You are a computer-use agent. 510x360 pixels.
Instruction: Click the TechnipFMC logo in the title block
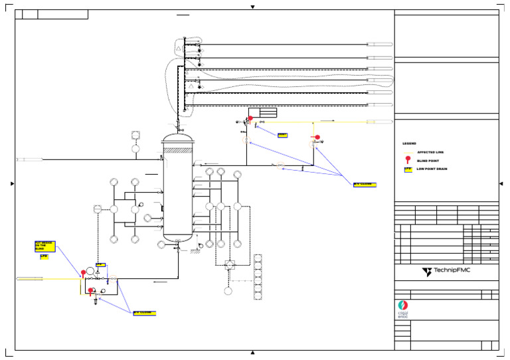click(x=446, y=272)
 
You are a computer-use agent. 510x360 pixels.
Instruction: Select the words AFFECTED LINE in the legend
click(x=430, y=152)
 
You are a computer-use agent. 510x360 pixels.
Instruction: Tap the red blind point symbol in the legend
click(x=408, y=160)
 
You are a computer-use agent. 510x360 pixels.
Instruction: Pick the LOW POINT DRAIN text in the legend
click(x=434, y=169)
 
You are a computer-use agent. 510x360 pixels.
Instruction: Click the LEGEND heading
click(x=409, y=143)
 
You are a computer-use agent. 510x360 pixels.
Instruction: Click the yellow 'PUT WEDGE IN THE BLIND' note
click(x=44, y=246)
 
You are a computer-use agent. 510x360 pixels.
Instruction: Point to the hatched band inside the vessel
click(x=178, y=151)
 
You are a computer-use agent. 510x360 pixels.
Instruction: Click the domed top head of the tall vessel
click(x=178, y=137)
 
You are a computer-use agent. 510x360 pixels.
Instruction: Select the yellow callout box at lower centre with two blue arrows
click(x=144, y=313)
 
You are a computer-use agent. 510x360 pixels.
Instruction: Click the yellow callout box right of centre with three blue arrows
click(x=365, y=185)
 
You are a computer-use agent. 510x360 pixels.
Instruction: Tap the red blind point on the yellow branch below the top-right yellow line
click(x=317, y=138)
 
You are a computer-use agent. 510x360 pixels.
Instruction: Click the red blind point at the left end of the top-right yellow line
click(x=250, y=119)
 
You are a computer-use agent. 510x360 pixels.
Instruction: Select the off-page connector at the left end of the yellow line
click(x=30, y=279)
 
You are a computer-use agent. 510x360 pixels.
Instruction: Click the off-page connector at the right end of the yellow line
click(x=379, y=122)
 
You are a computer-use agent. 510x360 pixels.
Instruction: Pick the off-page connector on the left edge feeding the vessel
click(x=30, y=159)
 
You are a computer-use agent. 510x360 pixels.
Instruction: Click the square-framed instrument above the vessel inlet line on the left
click(x=135, y=135)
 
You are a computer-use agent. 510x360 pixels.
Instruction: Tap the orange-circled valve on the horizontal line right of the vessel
click(x=280, y=165)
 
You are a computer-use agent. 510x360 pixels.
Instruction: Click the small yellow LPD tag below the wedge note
click(x=44, y=256)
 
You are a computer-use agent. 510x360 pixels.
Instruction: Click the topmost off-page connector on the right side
click(x=379, y=45)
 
